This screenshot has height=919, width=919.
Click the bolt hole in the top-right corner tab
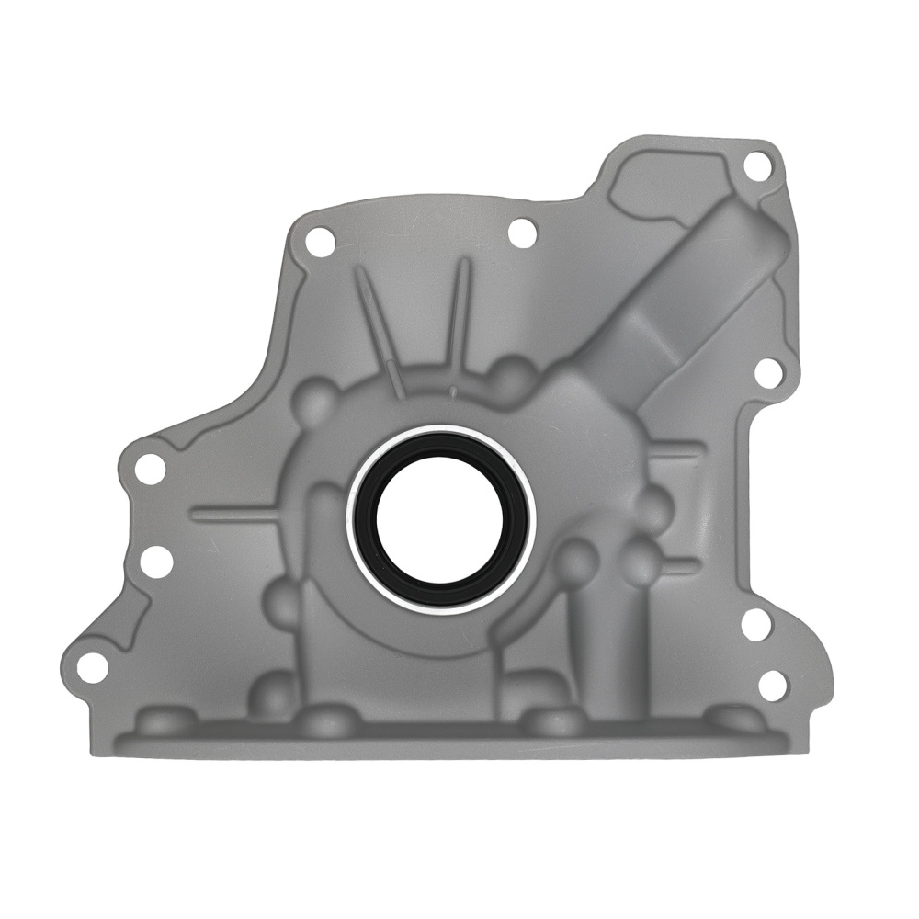coord(756,166)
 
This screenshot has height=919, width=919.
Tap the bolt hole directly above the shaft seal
coord(522,233)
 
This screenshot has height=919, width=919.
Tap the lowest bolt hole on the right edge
coord(773,684)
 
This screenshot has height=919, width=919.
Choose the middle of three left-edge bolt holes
coord(156,561)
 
